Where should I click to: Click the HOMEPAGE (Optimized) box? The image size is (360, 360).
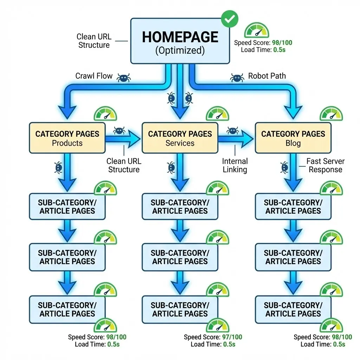(x=180, y=41)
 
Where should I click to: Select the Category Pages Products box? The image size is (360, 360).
(x=67, y=138)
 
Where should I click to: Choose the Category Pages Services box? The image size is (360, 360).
(x=180, y=138)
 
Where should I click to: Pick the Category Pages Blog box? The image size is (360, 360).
(x=293, y=138)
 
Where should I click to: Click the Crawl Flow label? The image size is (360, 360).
(x=94, y=76)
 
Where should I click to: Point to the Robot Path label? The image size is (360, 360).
(x=267, y=76)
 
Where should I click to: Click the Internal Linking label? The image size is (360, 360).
(x=235, y=165)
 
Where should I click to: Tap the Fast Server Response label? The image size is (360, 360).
(x=325, y=165)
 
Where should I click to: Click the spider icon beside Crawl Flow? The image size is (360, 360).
(x=123, y=78)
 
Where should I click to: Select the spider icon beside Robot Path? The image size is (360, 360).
(x=237, y=77)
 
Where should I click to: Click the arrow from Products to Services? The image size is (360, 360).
(x=123, y=139)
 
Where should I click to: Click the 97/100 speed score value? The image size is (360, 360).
(x=232, y=337)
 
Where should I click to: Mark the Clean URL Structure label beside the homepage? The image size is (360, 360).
(x=94, y=41)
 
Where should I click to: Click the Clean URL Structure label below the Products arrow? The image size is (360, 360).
(x=123, y=165)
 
